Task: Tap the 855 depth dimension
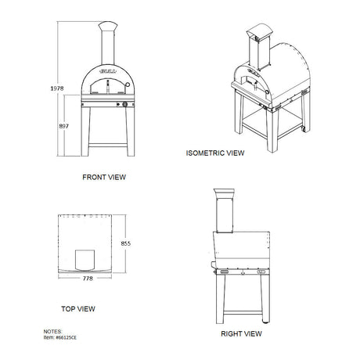125,243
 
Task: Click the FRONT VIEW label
105,178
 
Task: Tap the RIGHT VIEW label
241,333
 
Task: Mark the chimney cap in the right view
224,193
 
